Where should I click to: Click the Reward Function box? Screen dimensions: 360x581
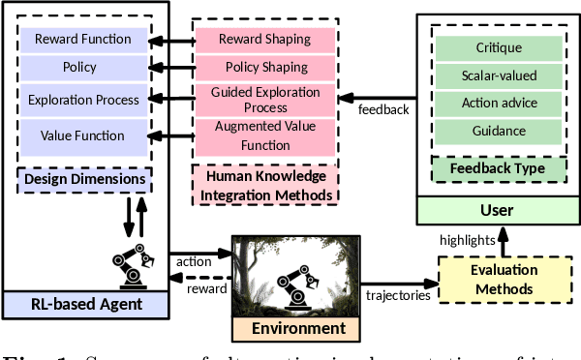click(82, 40)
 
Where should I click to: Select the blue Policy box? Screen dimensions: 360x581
click(82, 69)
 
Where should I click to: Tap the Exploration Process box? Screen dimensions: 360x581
click(82, 100)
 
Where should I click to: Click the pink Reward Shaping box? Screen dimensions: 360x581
click(265, 40)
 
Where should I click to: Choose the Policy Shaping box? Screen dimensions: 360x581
click(265, 69)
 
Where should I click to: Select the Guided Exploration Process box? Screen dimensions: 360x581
click(265, 100)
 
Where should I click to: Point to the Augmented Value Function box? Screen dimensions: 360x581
click(265, 135)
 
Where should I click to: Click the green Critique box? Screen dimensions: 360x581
click(499, 46)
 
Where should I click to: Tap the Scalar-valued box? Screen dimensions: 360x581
click(499, 75)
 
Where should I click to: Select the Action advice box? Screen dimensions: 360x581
click(499, 103)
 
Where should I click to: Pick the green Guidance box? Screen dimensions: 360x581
click(499, 130)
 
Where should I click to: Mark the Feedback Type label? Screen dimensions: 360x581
click(499, 168)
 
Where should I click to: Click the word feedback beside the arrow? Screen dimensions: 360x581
click(384, 109)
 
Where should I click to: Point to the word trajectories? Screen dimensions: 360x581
click(399, 295)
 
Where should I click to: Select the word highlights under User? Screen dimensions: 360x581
click(467, 239)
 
